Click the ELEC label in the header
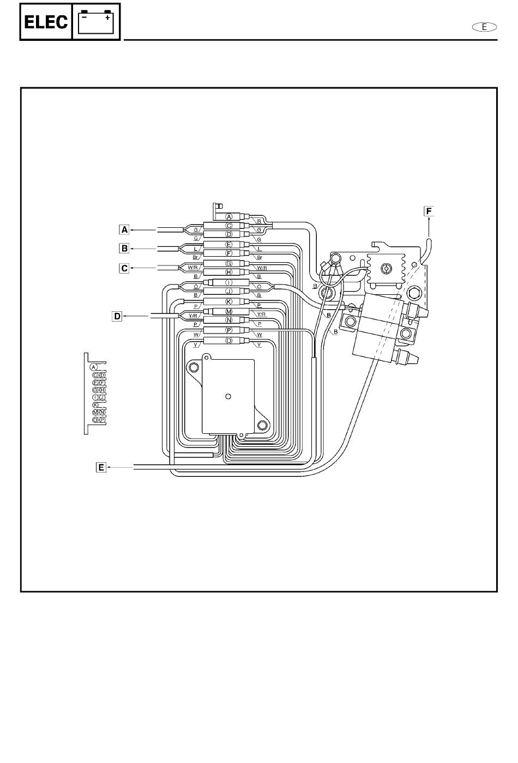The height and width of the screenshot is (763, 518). pyautogui.click(x=46, y=22)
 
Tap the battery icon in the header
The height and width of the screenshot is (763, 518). pyautogui.click(x=96, y=21)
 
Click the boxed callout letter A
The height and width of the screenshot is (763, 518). pyautogui.click(x=125, y=229)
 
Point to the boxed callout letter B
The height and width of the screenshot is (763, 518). pyautogui.click(x=125, y=249)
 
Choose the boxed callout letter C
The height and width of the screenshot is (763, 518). pyautogui.click(x=125, y=268)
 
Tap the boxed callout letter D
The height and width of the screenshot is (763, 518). pyautogui.click(x=117, y=316)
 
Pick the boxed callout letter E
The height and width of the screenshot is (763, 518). pyautogui.click(x=101, y=467)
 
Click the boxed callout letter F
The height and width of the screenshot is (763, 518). pyautogui.click(x=429, y=211)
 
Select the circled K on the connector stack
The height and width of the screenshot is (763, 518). pyautogui.click(x=229, y=301)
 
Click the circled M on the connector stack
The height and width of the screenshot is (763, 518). pyautogui.click(x=229, y=312)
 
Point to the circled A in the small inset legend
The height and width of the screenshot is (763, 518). pyautogui.click(x=94, y=367)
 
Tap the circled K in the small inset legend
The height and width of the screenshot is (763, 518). pyautogui.click(x=95, y=405)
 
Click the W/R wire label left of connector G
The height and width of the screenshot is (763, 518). pyautogui.click(x=192, y=268)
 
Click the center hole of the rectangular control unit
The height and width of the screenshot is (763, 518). pyautogui.click(x=228, y=396)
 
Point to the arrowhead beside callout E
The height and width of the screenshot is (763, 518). pyautogui.click(x=110, y=467)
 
